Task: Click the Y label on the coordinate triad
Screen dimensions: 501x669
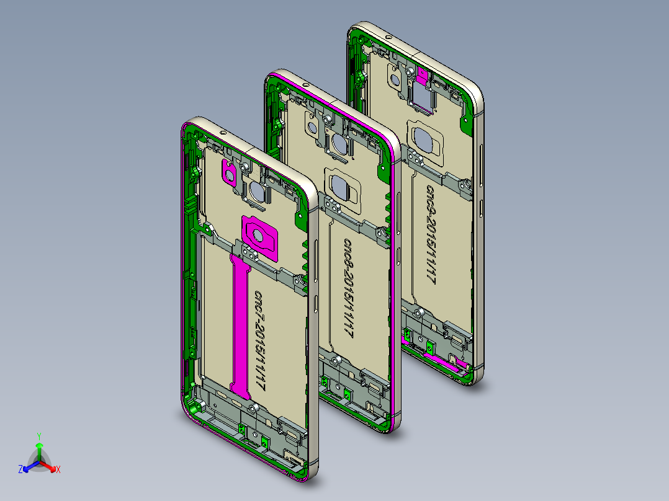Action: pyautogui.click(x=39, y=436)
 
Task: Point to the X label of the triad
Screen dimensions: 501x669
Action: pyautogui.click(x=58, y=470)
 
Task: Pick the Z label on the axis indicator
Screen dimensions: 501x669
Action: pyautogui.click(x=20, y=470)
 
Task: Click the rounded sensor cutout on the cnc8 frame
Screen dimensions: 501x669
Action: pyautogui.click(x=343, y=187)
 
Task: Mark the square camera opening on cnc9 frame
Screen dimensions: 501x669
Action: pyautogui.click(x=420, y=97)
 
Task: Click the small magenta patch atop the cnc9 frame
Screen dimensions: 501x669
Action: pyautogui.click(x=423, y=76)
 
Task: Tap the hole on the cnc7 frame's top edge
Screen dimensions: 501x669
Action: pyautogui.click(x=222, y=132)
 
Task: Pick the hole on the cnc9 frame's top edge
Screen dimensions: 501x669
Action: pyautogui.click(x=388, y=37)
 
